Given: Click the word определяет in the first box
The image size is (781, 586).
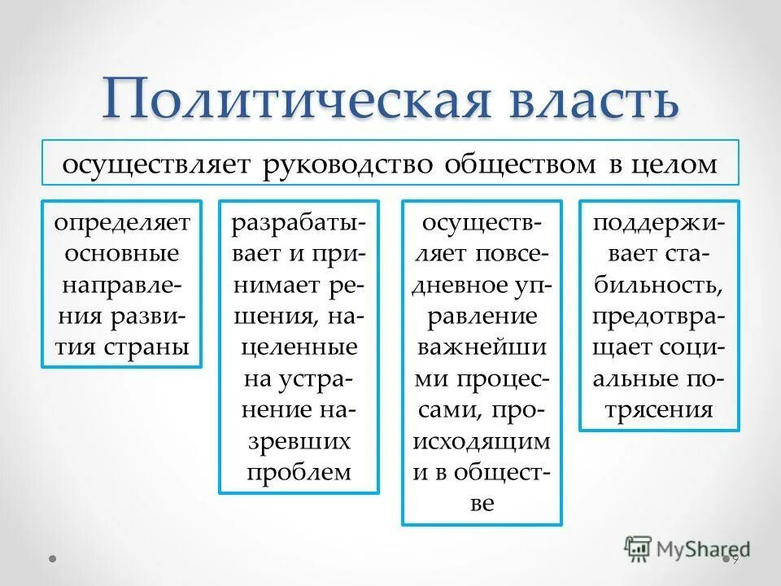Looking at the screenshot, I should [121, 222].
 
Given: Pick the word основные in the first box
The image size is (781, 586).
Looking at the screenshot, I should [121, 253].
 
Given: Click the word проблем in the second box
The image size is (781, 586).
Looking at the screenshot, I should [299, 471].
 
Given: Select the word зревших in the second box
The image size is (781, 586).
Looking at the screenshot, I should [299, 440].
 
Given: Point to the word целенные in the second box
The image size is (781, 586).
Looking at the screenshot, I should [299, 347].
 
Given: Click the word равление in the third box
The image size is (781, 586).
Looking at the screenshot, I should [482, 316].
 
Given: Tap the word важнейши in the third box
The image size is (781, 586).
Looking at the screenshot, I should [482, 347].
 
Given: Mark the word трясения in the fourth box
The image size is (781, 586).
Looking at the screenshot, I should [659, 409].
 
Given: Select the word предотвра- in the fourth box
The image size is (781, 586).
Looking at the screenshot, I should [659, 316].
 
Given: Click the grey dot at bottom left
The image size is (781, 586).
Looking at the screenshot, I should [53, 560].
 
